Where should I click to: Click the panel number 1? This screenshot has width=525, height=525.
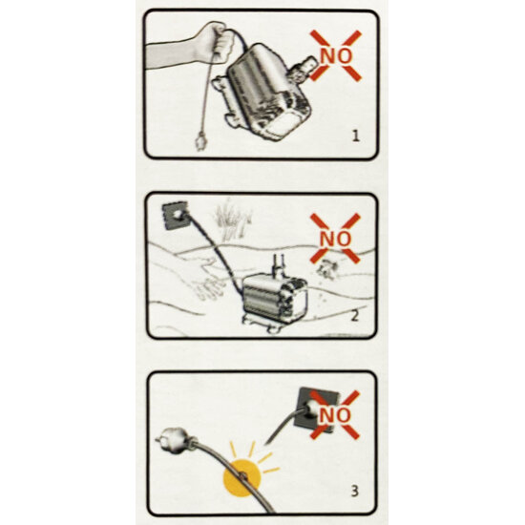coord(356,136)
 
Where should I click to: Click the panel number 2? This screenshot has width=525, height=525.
coord(354,316)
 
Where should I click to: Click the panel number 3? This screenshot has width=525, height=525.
coord(354,492)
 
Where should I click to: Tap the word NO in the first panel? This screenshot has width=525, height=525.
coord(336,56)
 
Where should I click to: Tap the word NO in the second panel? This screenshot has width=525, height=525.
coord(335,239)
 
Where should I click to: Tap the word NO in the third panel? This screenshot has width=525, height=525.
coord(335,415)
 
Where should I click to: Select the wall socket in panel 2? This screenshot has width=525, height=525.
coord(175,215)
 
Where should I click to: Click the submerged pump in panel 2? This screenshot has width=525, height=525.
coord(274,296)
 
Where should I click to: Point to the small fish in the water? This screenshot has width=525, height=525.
coord(325,268)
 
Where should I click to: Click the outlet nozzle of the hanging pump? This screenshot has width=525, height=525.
coord(303,69)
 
